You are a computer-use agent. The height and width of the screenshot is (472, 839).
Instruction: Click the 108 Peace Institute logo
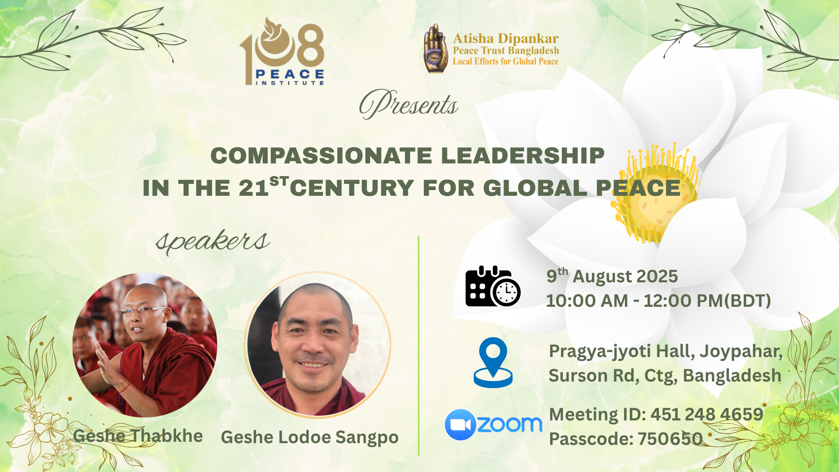(282, 52)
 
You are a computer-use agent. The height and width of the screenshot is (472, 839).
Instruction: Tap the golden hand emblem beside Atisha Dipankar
(436, 49)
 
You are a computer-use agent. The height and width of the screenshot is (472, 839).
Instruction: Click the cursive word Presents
(409, 104)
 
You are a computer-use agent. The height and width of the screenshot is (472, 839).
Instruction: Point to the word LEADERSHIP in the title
(523, 156)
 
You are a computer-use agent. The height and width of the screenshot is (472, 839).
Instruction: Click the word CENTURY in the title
(352, 188)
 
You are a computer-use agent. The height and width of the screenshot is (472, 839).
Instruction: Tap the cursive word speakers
(213, 241)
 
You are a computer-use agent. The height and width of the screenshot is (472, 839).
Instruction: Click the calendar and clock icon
(493, 286)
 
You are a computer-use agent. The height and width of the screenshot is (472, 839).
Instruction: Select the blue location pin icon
(493, 362)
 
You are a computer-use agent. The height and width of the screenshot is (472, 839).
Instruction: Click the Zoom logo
(493, 424)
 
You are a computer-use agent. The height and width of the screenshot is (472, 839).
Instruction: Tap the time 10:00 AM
(587, 301)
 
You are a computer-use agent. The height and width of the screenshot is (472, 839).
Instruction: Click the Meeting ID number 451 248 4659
(707, 414)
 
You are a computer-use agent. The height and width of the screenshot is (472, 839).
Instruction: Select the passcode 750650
(670, 439)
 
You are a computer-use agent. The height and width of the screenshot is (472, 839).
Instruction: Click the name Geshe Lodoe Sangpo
(309, 437)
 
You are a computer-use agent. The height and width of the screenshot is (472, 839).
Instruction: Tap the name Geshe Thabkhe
(138, 436)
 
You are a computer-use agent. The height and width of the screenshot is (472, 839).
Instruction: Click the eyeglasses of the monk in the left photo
(143, 311)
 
